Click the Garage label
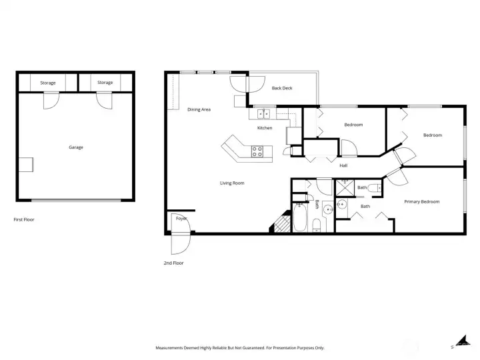(75, 147)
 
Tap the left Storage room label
(48, 83)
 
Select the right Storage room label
(105, 83)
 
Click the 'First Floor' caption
(23, 219)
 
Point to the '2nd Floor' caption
(173, 263)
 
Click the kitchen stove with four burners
(257, 151)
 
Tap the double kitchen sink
(265, 114)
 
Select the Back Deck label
(282, 88)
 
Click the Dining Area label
(199, 109)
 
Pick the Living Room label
(232, 183)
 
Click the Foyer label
(181, 219)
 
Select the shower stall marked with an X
(344, 188)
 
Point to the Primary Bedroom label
(421, 201)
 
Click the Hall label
(343, 165)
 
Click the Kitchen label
(265, 128)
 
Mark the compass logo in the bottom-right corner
(459, 343)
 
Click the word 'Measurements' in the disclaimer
(171, 348)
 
